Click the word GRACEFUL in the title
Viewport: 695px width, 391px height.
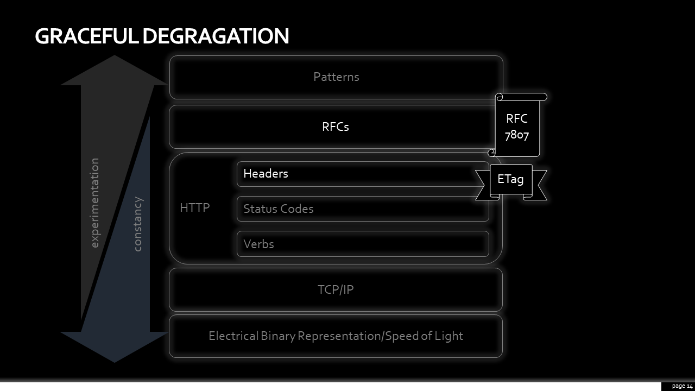click(86, 36)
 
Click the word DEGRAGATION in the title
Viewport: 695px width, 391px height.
click(216, 36)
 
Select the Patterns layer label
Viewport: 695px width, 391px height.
click(336, 77)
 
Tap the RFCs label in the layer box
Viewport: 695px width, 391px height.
click(336, 127)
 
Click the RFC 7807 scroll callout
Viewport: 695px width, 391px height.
click(517, 125)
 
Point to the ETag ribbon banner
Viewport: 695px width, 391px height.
click(511, 182)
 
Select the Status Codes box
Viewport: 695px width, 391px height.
click(363, 209)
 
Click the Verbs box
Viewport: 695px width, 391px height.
click(363, 244)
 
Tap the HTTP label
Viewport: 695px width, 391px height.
click(195, 207)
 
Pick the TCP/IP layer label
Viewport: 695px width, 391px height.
click(336, 289)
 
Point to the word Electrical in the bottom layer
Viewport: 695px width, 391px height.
click(233, 336)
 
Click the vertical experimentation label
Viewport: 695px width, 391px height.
click(94, 203)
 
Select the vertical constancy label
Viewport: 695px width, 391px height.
click(137, 224)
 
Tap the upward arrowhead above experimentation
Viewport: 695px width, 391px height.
click(115, 70)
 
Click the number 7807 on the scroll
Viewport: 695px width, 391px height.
click(517, 135)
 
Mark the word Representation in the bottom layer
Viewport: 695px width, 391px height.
click(339, 336)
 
